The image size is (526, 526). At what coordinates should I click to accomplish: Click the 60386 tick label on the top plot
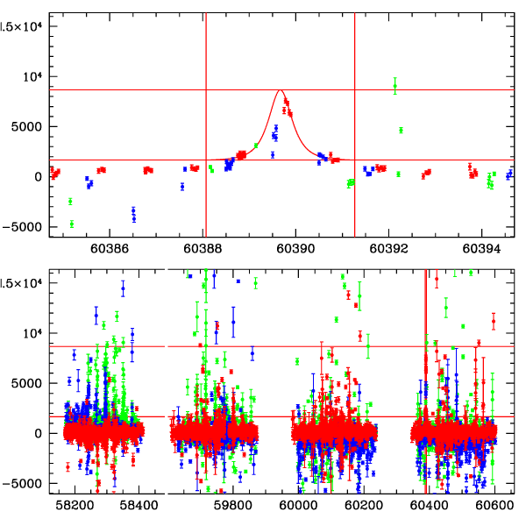click(110, 248)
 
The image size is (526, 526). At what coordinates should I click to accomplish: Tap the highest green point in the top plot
click(395, 84)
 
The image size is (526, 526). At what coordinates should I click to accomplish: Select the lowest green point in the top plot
click(72, 224)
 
